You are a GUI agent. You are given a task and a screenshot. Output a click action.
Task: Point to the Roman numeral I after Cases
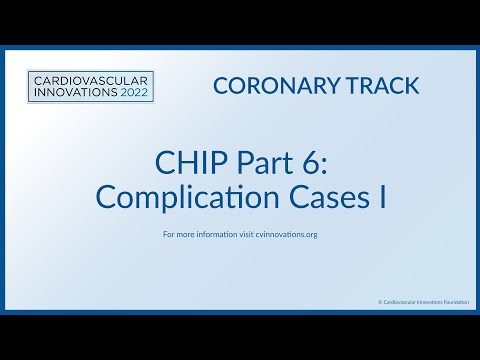(x=381, y=196)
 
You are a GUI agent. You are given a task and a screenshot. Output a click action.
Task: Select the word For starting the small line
(x=168, y=235)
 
